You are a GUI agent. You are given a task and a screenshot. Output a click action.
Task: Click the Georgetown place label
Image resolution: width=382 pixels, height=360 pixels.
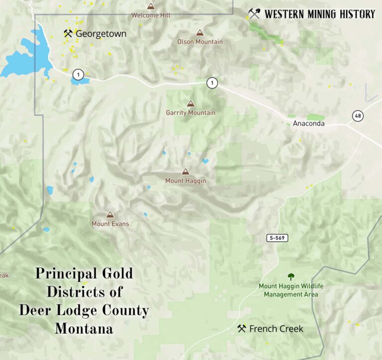tap(101, 34)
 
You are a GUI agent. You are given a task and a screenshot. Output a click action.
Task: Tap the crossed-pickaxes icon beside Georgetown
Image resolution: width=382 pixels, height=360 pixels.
tap(69, 34)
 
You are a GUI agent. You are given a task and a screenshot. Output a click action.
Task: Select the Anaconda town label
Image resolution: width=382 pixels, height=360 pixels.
tap(308, 123)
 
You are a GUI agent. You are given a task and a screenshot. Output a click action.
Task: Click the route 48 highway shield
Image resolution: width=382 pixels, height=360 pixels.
tap(358, 116)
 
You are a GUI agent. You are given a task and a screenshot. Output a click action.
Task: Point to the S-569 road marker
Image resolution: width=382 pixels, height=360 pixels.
tap(277, 238)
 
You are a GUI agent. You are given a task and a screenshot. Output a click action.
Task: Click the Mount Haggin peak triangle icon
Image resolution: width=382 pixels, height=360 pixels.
tap(186, 171)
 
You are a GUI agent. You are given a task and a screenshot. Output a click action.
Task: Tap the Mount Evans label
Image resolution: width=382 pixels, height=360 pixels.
tap(110, 224)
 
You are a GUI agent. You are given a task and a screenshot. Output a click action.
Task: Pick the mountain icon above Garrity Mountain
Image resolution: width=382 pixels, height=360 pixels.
tap(191, 104)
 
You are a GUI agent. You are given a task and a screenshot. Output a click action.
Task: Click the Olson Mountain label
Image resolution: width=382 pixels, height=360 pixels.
tap(200, 42)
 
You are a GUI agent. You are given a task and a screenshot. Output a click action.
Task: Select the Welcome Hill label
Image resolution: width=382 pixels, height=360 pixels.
tap(151, 15)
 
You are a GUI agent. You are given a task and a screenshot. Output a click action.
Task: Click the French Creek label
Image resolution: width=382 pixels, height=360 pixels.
tap(276, 329)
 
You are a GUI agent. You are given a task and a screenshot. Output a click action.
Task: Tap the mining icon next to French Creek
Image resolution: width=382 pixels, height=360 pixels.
tap(242, 329)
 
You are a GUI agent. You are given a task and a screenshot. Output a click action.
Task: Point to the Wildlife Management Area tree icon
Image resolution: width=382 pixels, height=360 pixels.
tap(291, 276)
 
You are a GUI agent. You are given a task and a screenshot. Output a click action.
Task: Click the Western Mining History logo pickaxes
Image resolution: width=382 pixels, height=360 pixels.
tap(254, 14)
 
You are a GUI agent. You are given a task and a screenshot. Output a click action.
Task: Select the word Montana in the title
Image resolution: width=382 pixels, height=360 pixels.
tap(84, 329)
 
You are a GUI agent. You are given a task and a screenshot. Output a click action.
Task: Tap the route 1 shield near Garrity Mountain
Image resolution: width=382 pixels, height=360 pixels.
tap(212, 83)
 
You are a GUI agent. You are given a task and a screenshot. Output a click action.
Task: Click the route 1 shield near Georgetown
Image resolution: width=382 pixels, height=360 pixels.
tap(78, 75)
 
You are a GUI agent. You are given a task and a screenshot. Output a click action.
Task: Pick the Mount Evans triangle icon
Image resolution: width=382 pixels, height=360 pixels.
tap(110, 215)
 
